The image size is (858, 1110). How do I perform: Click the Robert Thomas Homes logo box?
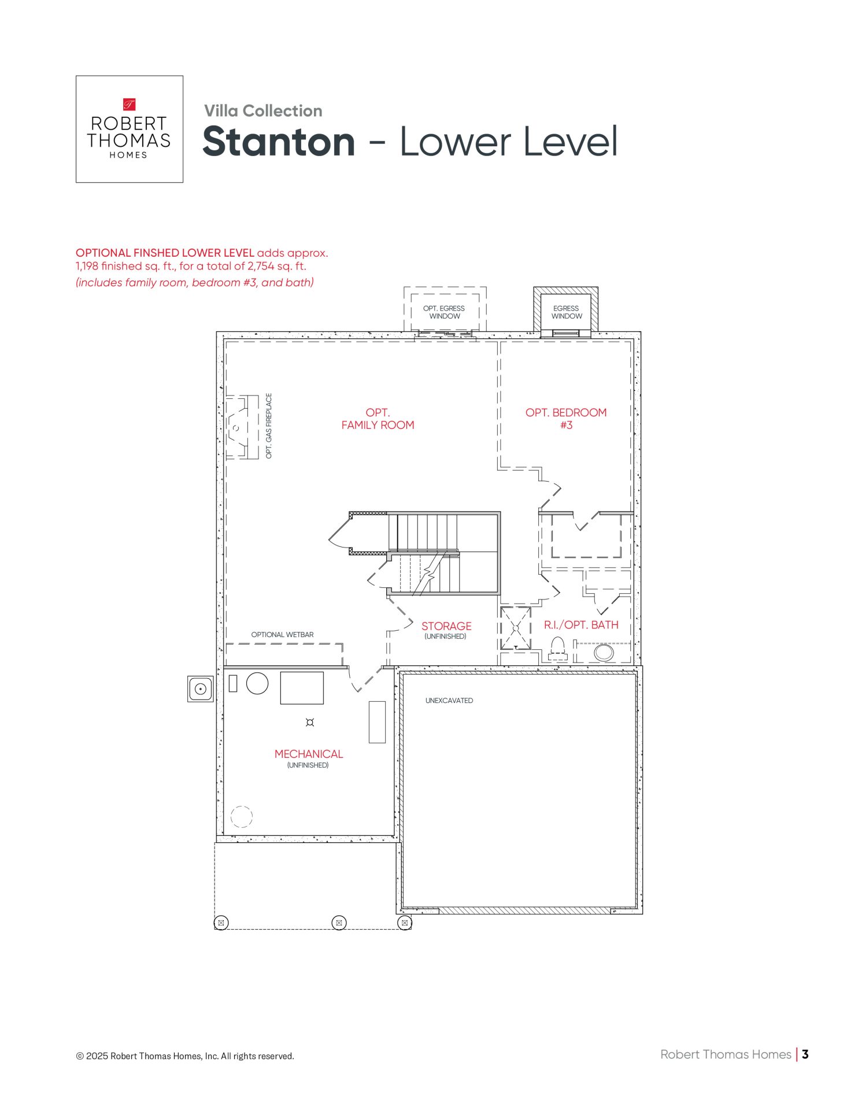130,129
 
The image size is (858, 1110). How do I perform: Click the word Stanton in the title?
279,142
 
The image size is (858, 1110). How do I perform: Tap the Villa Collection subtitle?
263,110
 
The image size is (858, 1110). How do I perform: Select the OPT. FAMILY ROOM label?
378,419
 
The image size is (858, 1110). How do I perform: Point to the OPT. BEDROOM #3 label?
566,419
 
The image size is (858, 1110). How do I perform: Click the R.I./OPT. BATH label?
581,624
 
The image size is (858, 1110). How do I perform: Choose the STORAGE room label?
446,626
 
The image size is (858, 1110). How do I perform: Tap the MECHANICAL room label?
309,754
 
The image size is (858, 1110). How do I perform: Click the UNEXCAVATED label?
449,701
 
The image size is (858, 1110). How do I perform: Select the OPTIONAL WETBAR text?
282,635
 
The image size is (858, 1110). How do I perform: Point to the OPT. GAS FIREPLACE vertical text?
269,426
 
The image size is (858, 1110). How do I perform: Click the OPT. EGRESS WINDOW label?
444,312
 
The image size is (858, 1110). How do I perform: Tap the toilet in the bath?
558,649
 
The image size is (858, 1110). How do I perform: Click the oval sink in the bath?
604,652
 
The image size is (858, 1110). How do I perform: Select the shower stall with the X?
515,628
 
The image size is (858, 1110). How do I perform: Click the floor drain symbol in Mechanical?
310,722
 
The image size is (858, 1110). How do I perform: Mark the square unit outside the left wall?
200,689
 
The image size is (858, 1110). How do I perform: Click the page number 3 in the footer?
805,1054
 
